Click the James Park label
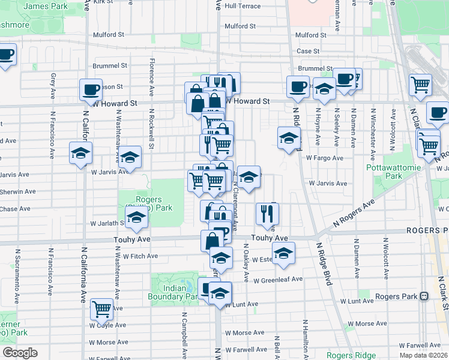(x=46, y=6)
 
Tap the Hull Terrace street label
(x=243, y=6)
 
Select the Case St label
(x=308, y=52)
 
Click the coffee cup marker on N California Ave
(x=91, y=90)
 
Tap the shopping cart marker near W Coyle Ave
(x=102, y=309)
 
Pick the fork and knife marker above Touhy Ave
(x=267, y=212)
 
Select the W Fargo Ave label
(x=324, y=158)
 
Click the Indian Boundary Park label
(x=174, y=292)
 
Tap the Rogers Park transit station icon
(x=424, y=296)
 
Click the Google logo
(x=20, y=353)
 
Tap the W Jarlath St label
(x=107, y=223)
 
